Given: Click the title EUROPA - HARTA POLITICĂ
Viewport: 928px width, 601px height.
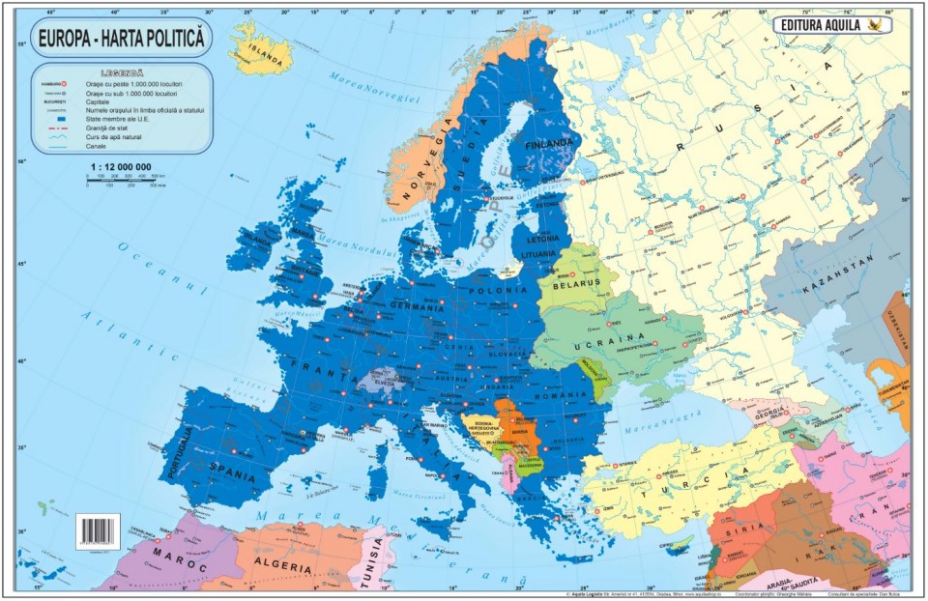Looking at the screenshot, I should [121, 39].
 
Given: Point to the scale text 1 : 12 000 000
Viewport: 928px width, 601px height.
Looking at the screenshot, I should [121, 167].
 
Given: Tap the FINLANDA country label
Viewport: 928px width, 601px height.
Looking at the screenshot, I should [548, 145].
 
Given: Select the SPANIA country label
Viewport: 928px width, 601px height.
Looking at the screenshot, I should [237, 475].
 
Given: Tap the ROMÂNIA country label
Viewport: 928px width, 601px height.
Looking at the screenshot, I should [565, 397].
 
